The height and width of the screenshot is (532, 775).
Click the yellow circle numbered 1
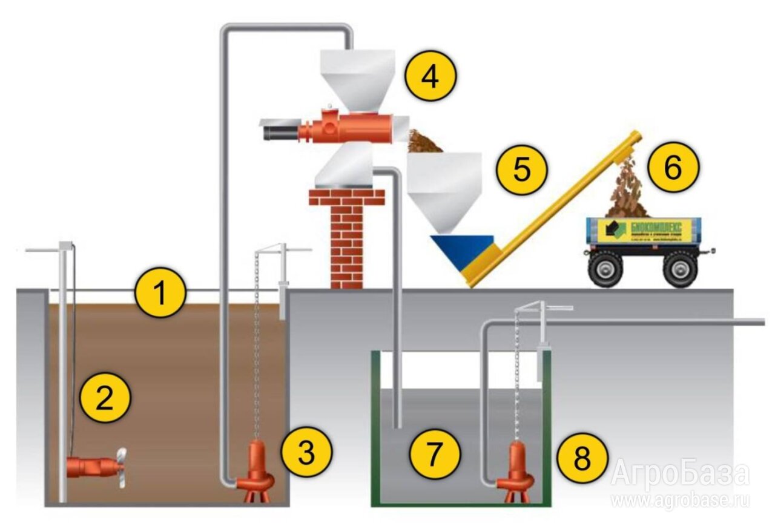tap(159, 293)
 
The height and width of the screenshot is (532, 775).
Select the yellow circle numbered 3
tap(307, 452)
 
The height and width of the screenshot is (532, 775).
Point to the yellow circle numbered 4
tap(430, 77)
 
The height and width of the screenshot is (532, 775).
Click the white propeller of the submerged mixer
tap(122, 467)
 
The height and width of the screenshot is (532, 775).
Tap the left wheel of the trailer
tap(607, 268)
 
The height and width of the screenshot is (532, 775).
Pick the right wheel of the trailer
tap(680, 268)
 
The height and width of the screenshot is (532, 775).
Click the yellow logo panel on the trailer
tap(644, 231)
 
